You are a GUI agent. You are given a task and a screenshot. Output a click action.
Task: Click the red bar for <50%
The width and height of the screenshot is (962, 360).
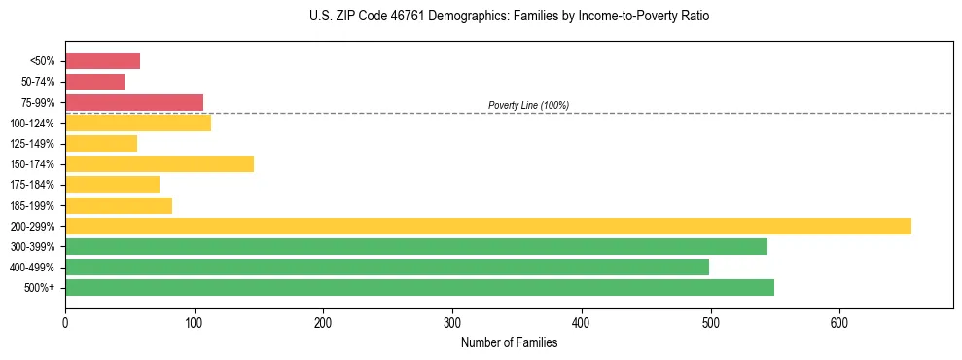[102, 61]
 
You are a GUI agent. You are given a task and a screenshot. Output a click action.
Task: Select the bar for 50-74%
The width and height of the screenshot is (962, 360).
[94, 82]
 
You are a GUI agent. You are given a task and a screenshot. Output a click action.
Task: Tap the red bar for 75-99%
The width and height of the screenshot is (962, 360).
[134, 102]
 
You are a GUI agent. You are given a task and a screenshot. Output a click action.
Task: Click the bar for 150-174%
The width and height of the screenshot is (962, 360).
[160, 163]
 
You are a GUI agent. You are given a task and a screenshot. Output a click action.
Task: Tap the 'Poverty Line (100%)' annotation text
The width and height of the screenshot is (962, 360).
[528, 105]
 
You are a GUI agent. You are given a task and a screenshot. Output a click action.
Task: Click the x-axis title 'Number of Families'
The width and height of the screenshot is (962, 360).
[509, 342]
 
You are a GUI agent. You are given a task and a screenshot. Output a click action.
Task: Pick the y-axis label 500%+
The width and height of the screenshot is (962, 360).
[40, 288]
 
